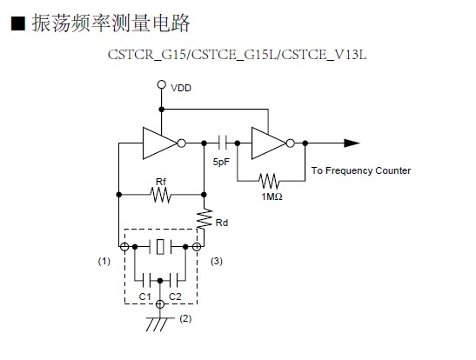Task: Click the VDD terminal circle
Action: [x=162, y=84]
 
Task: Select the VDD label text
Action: [x=181, y=88]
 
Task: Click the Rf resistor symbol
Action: [x=161, y=195]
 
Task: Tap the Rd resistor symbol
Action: [x=204, y=218]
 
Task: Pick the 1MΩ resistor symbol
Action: [x=269, y=181]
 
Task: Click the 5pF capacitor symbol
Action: [x=223, y=143]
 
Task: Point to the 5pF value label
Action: [x=221, y=162]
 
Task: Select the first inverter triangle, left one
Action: [x=160, y=143]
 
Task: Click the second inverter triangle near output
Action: [x=269, y=143]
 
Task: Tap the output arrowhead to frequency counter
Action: [x=352, y=143]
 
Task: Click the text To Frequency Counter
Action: [x=361, y=170]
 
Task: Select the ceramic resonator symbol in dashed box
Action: [x=161, y=247]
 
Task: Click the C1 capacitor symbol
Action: [x=146, y=281]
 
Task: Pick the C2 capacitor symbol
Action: [x=174, y=281]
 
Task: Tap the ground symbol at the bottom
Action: [x=160, y=323]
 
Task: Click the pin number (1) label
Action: [x=104, y=261]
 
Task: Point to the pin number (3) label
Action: [x=217, y=261]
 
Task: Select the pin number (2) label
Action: [x=185, y=318]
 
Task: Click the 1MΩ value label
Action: [x=272, y=197]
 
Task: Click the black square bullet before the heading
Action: [x=18, y=23]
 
